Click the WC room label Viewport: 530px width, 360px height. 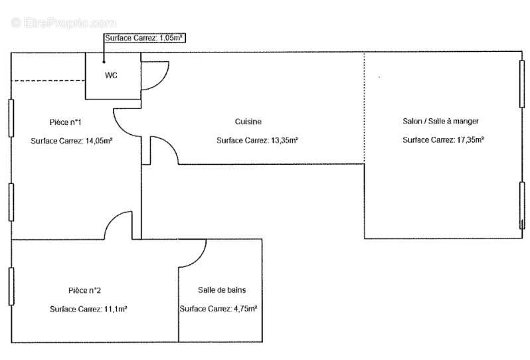tap(111, 75)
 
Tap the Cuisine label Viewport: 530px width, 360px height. tap(248, 122)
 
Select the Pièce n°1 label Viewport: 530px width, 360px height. tap(65, 122)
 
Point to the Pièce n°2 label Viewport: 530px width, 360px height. tap(84, 290)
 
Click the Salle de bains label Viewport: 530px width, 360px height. tap(222, 290)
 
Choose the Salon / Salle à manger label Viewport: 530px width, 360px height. tap(440, 121)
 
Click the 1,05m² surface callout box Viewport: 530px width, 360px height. tap(145, 38)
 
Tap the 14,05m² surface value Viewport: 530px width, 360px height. tap(99, 141)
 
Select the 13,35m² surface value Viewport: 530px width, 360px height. tap(284, 140)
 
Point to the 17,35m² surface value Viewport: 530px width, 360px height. tap(470, 139)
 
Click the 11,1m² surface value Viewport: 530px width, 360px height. tap(116, 309)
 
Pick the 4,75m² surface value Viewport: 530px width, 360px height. tap(245, 309)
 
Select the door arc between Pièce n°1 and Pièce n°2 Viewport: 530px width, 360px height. tap(112, 220)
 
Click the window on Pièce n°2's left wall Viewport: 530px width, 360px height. tap(11, 286)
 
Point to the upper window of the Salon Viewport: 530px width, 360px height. tap(522, 84)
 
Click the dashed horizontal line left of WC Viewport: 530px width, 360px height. tap(48, 81)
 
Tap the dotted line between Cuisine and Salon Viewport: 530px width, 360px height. tap(365, 108)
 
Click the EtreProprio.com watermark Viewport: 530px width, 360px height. tap(64, 23)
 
